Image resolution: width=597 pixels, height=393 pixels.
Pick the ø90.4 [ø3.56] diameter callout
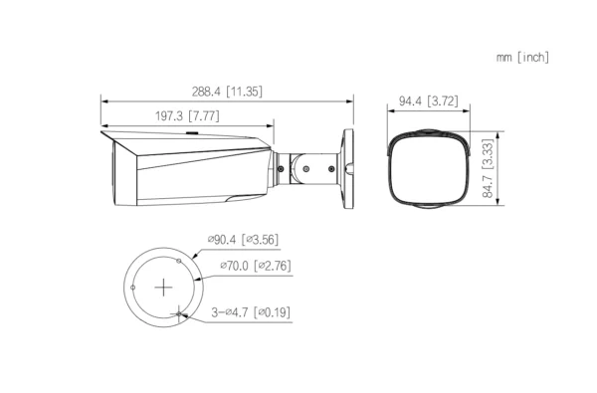(242, 240)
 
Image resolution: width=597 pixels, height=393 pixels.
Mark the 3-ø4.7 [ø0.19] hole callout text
(251, 312)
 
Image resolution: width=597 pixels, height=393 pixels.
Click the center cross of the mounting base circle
(164, 287)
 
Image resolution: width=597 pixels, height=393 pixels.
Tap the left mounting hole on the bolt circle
(132, 287)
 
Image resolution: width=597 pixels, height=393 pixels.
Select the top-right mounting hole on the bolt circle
(179, 260)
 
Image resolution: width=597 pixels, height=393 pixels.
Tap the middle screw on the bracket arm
(321, 168)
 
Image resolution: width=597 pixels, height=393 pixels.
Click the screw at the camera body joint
(281, 168)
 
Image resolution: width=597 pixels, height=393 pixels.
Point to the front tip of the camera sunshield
(102, 130)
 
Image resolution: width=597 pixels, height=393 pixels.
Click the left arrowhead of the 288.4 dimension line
(103, 99)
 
